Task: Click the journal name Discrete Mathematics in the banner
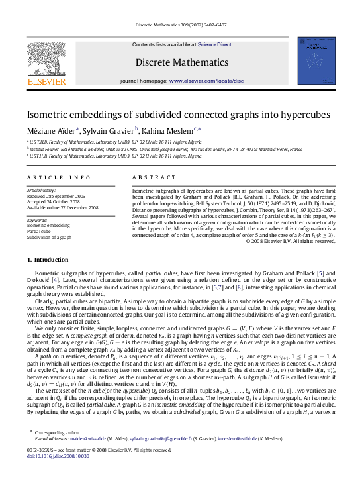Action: click(x=178, y=62)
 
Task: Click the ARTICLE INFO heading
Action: click(x=59, y=177)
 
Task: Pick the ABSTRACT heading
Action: click(x=154, y=177)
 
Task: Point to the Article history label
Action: click(x=42, y=189)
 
